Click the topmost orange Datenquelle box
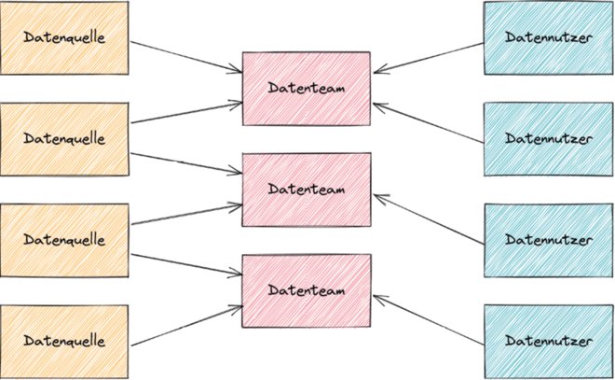click(64, 37)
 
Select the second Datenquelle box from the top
click(64, 137)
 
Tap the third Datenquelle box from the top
click(64, 239)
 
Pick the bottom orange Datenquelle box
click(64, 338)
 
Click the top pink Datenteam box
click(307, 88)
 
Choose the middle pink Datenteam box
click(307, 189)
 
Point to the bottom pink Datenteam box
click(307, 289)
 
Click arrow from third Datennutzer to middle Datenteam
click(429, 219)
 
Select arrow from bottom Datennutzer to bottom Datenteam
click(429, 317)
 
